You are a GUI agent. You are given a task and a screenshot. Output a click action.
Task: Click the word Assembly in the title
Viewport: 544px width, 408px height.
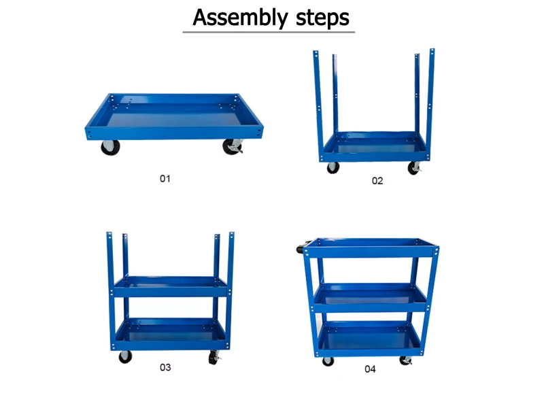[240, 18]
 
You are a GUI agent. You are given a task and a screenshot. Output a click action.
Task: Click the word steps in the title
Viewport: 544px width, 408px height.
[322, 18]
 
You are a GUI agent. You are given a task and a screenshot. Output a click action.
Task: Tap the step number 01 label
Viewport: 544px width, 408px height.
[165, 179]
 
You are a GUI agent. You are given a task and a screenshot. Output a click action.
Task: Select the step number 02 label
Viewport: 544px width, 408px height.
[377, 181]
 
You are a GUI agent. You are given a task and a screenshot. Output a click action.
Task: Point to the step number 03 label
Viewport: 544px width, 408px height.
[165, 367]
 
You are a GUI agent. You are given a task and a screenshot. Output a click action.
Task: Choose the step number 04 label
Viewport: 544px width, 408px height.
[370, 369]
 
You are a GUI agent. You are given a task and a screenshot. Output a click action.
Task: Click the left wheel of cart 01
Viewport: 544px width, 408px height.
[110, 148]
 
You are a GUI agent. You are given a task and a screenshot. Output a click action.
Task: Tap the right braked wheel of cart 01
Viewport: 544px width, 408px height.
[233, 146]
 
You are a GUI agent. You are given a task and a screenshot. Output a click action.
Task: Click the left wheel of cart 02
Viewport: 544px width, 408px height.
[333, 168]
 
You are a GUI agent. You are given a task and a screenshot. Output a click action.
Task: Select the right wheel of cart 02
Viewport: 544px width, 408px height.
[414, 168]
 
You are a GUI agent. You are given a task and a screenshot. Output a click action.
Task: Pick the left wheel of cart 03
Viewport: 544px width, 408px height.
[125, 357]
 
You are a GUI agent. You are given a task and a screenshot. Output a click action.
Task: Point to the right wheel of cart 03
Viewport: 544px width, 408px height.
[214, 358]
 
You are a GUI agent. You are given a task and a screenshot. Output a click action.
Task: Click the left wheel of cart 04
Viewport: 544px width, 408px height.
[328, 362]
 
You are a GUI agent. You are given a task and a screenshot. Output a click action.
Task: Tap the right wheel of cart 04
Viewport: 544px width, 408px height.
[405, 361]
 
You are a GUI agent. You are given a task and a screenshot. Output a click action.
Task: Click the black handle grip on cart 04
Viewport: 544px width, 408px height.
[301, 247]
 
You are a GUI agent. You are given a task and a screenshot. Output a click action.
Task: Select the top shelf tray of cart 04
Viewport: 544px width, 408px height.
[371, 248]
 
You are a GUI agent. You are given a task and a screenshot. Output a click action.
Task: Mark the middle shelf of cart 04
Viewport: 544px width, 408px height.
[371, 298]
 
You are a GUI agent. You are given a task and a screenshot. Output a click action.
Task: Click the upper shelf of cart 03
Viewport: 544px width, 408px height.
[171, 286]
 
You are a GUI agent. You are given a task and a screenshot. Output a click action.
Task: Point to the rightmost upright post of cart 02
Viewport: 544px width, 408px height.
[430, 104]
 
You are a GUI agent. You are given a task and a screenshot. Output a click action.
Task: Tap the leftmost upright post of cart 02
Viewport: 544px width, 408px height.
[318, 104]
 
